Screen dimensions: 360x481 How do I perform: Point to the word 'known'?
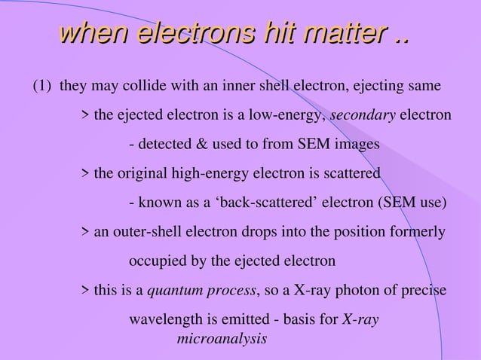click(x=158, y=203)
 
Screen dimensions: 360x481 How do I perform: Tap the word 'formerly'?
click(x=418, y=233)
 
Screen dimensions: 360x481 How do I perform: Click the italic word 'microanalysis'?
click(x=222, y=339)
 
